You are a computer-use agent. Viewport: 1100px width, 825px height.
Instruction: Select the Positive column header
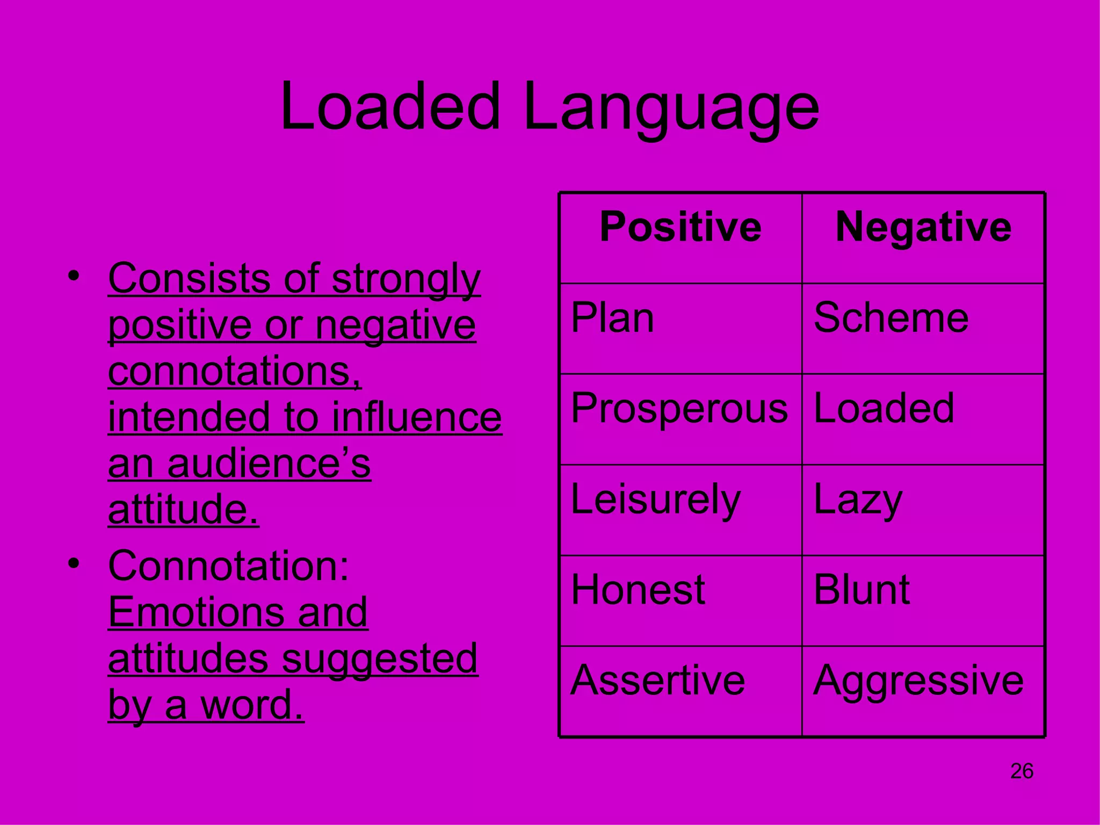click(681, 227)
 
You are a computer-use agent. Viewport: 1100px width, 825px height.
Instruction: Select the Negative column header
click(923, 227)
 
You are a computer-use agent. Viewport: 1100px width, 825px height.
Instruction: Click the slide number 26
click(1022, 771)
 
